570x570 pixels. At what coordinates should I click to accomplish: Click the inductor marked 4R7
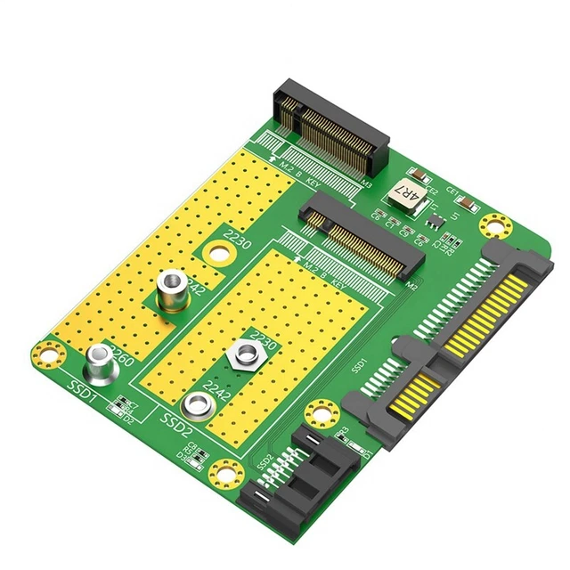coord(406,193)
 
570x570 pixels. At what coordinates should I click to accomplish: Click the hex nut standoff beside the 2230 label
coord(241,356)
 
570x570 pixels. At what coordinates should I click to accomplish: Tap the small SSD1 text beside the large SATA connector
coord(360,365)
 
